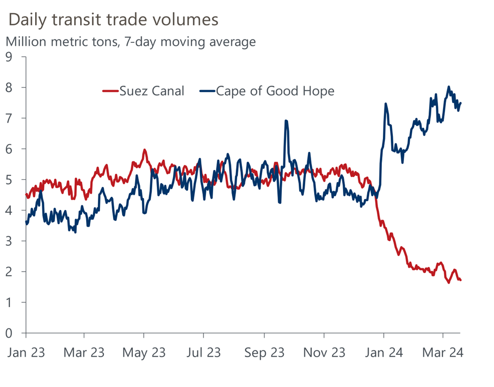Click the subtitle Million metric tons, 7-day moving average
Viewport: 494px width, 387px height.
click(130, 42)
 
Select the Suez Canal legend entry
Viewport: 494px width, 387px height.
click(152, 90)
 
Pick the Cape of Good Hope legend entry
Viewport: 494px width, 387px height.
click(275, 90)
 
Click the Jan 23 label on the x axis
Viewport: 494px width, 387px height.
click(26, 353)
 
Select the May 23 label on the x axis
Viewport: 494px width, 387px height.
click(144, 353)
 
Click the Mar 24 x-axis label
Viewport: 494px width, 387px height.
click(443, 353)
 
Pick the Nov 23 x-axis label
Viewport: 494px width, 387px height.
click(324, 353)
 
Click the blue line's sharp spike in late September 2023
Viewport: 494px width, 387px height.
click(286, 121)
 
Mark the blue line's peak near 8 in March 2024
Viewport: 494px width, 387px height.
click(449, 87)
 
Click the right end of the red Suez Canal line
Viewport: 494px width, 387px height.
click(461, 280)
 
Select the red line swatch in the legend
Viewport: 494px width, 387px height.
click(110, 90)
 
